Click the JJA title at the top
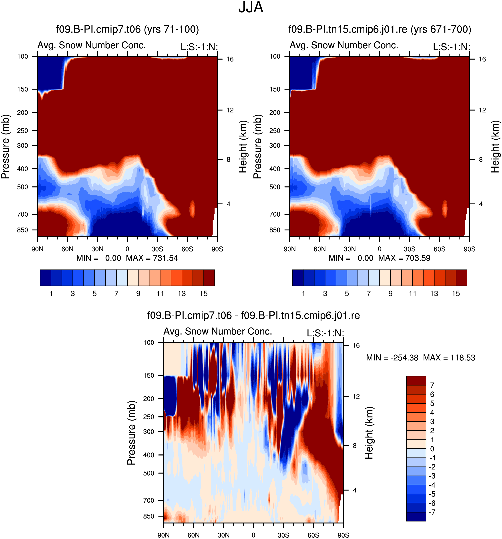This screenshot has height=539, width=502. click(x=251, y=7)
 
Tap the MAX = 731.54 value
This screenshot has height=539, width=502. click(x=152, y=258)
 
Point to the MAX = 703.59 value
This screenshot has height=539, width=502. click(x=404, y=258)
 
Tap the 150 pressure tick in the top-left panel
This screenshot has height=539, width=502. click(x=22, y=89)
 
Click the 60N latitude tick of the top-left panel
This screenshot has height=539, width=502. click(x=67, y=249)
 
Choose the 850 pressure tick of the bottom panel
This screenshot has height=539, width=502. click(x=149, y=516)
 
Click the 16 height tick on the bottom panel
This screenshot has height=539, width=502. click(x=356, y=345)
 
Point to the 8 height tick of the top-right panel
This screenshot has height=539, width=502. click(x=481, y=159)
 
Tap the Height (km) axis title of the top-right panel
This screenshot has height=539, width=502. click(x=495, y=147)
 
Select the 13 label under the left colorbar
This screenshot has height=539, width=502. click(x=182, y=293)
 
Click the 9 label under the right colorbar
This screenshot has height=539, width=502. click(x=390, y=293)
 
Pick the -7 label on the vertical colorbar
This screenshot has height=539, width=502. click(x=432, y=512)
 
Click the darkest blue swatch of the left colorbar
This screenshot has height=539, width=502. click(x=46, y=278)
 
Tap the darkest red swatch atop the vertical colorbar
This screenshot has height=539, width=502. click(x=416, y=380)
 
